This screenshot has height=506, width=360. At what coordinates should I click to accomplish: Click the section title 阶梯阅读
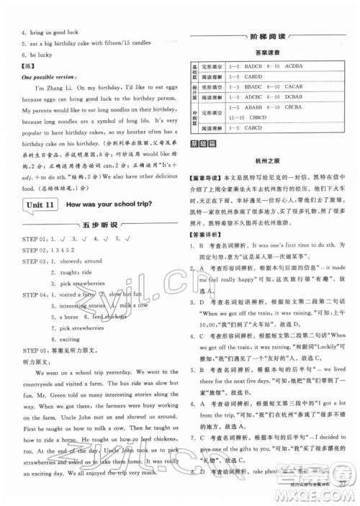coord(271,40)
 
